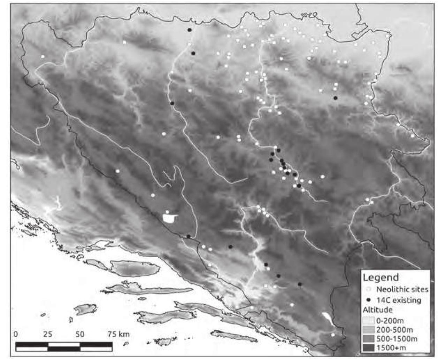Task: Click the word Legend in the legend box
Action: [x=381, y=277]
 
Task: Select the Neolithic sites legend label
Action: [x=402, y=289]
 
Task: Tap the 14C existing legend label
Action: [x=399, y=300]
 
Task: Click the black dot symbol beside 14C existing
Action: [x=369, y=300]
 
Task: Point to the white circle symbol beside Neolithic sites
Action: [x=369, y=289]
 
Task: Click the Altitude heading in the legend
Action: [x=377, y=310]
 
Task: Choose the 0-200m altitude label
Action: [x=390, y=320]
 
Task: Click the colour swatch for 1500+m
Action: [x=369, y=347]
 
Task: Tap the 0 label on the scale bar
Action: [x=16, y=334]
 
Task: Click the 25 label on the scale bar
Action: [x=48, y=334]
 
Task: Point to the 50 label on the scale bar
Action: [x=80, y=334]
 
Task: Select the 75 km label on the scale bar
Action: [x=118, y=334]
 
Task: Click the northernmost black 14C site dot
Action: [x=189, y=30]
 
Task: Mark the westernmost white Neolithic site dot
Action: [x=43, y=56]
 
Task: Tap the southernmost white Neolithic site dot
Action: [x=333, y=335]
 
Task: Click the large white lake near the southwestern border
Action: [x=170, y=218]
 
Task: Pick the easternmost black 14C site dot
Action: [x=335, y=98]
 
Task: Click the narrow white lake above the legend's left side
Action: [x=328, y=317]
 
